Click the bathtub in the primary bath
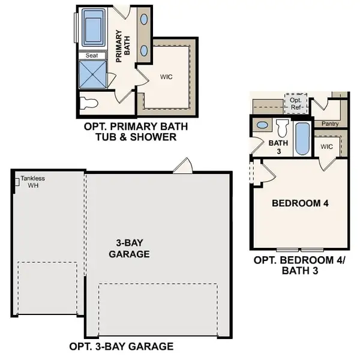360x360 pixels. [x=94, y=27]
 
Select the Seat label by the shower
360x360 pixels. [x=92, y=55]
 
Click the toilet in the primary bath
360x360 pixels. [x=89, y=103]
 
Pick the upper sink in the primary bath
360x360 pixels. [x=145, y=19]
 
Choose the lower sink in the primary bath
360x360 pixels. [x=145, y=50]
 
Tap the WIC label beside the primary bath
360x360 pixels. [x=166, y=77]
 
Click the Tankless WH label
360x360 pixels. [x=32, y=182]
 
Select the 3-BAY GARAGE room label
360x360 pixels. [x=129, y=249]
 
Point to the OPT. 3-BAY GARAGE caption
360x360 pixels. [x=121, y=346]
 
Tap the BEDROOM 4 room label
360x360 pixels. [x=300, y=203]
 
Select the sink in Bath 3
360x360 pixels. [x=262, y=125]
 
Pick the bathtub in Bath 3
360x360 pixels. [x=301, y=139]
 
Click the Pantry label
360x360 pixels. [x=330, y=124]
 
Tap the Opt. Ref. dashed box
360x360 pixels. [x=296, y=103]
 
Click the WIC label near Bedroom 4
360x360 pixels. [x=326, y=146]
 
